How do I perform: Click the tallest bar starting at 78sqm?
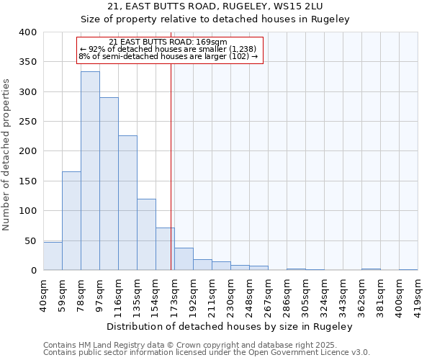90,171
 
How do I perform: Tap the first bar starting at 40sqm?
53,256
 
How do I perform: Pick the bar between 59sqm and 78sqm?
71,220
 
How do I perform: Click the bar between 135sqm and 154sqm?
146,235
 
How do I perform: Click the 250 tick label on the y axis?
27,122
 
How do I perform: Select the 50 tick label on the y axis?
30,240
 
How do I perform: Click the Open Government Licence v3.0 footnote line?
207,353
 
